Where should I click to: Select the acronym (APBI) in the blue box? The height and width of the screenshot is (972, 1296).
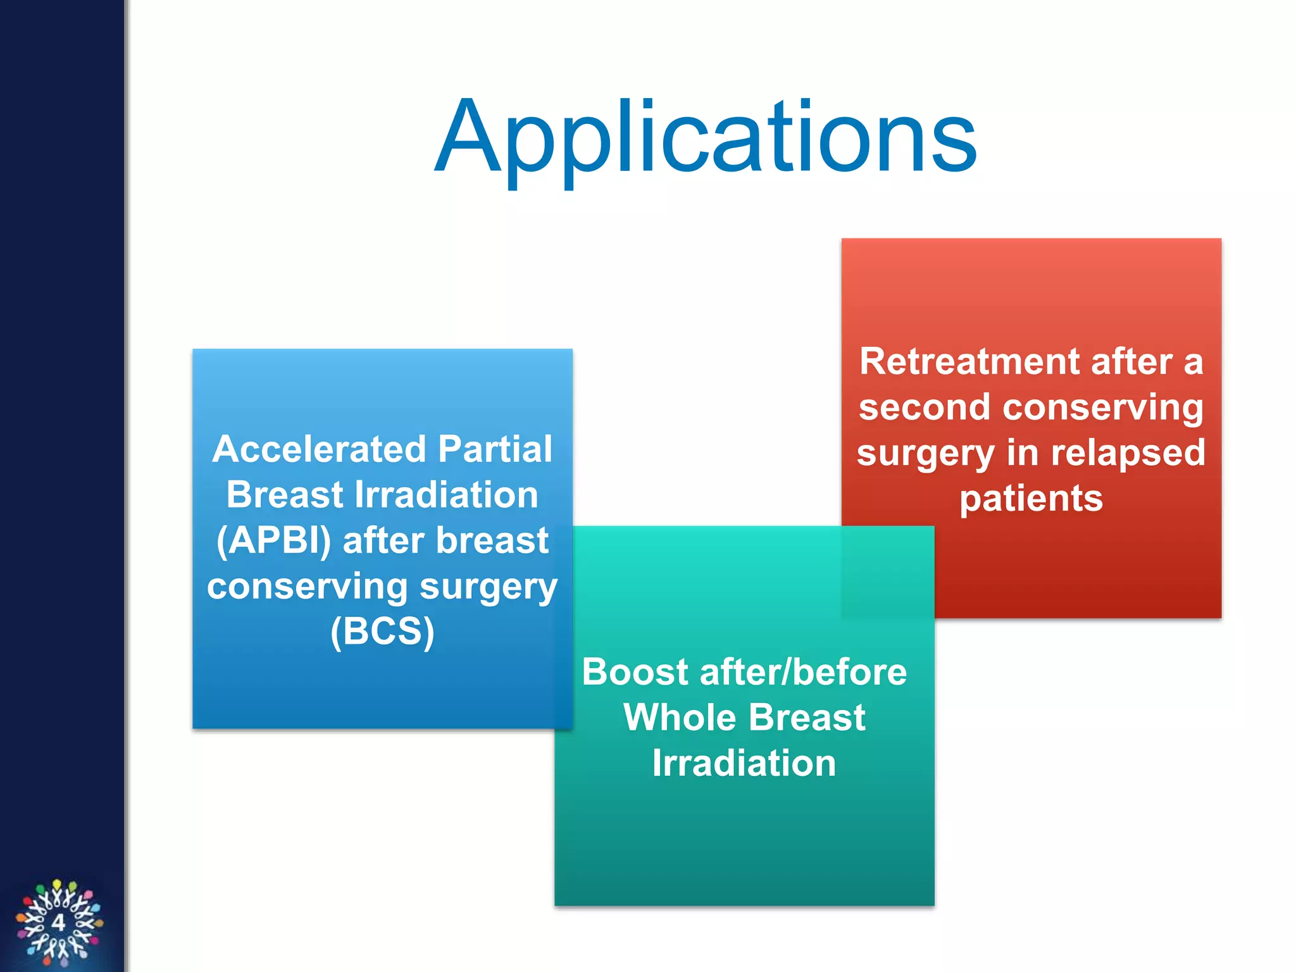(273, 541)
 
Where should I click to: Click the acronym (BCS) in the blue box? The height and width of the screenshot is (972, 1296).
(382, 632)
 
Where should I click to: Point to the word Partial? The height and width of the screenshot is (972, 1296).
(495, 449)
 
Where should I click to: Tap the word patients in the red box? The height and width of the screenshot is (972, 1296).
(1031, 499)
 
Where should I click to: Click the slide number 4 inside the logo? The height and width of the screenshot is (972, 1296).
(58, 922)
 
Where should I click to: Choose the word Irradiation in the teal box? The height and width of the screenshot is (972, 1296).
(744, 763)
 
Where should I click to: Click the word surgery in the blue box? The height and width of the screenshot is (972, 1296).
(489, 587)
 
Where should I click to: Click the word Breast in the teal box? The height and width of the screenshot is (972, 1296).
(807, 718)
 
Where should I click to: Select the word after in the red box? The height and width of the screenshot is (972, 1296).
(1132, 362)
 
